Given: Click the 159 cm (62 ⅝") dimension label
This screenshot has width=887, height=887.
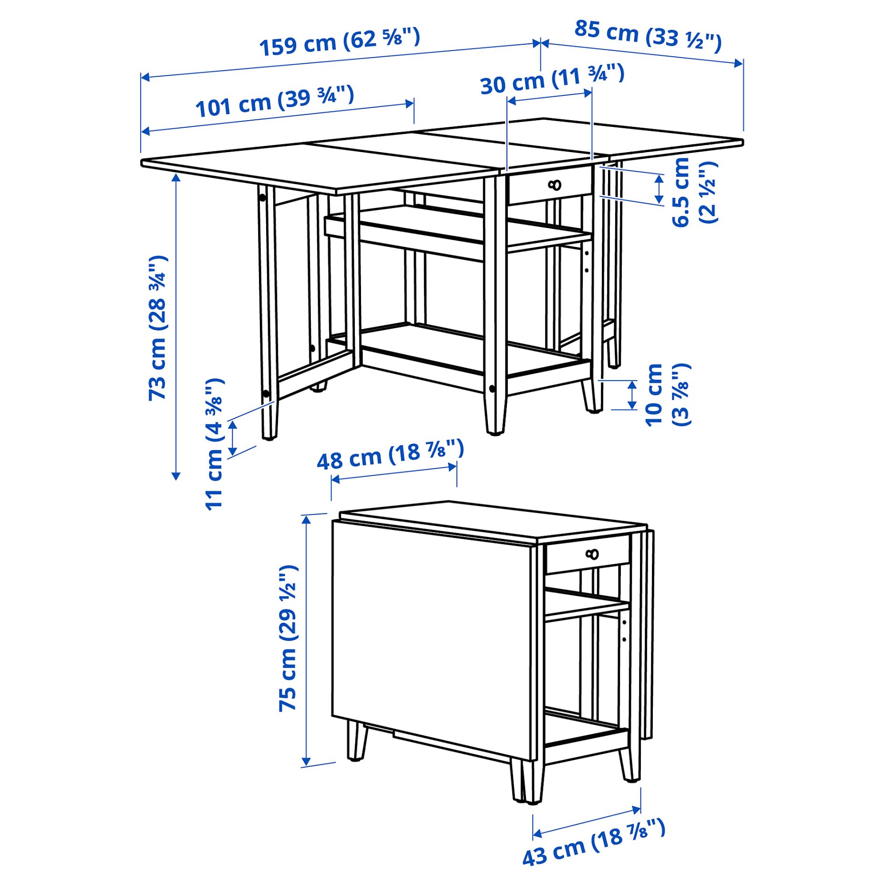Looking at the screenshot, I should pyautogui.click(x=340, y=42).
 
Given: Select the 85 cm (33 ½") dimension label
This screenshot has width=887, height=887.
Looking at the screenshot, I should pyautogui.click(x=647, y=35).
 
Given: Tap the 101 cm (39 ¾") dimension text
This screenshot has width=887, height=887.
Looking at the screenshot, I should pyautogui.click(x=275, y=102).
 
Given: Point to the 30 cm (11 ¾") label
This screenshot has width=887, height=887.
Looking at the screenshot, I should pyautogui.click(x=552, y=79).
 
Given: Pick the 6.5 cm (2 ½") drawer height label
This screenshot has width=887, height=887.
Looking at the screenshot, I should pyautogui.click(x=694, y=192).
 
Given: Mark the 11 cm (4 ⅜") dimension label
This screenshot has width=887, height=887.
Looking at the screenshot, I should pyautogui.click(x=215, y=444).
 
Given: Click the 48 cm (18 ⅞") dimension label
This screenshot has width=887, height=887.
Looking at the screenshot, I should pyautogui.click(x=390, y=455).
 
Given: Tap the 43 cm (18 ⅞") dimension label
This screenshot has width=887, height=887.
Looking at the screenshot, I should pyautogui.click(x=593, y=842).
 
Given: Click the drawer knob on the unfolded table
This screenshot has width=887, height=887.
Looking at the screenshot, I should pyautogui.click(x=555, y=185).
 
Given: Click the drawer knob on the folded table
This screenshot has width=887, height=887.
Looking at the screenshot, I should pyautogui.click(x=592, y=554).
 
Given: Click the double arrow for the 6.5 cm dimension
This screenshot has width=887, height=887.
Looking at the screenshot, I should pyautogui.click(x=659, y=189).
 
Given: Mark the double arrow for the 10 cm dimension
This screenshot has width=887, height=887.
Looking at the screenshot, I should pyautogui.click(x=632, y=395).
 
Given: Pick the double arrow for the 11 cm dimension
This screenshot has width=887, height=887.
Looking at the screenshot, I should pyautogui.click(x=233, y=438).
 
